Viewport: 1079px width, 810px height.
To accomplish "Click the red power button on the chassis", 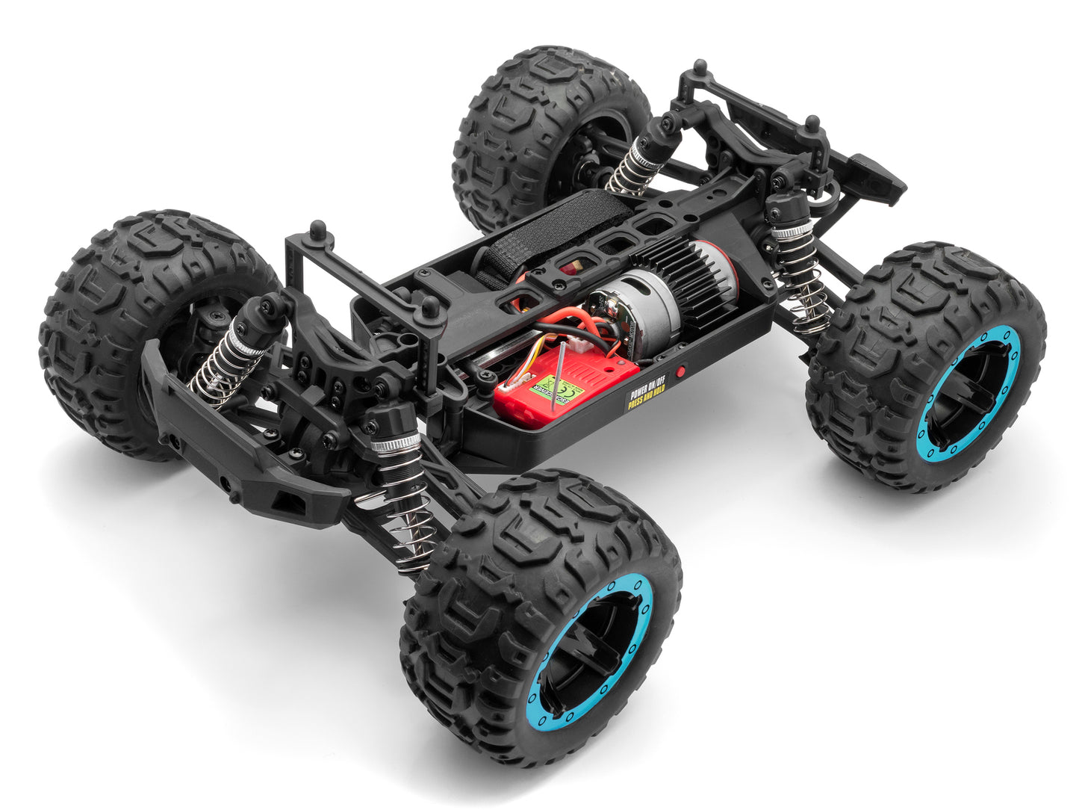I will tap(680, 371).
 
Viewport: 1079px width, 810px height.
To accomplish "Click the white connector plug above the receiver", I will tap(576, 343).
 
